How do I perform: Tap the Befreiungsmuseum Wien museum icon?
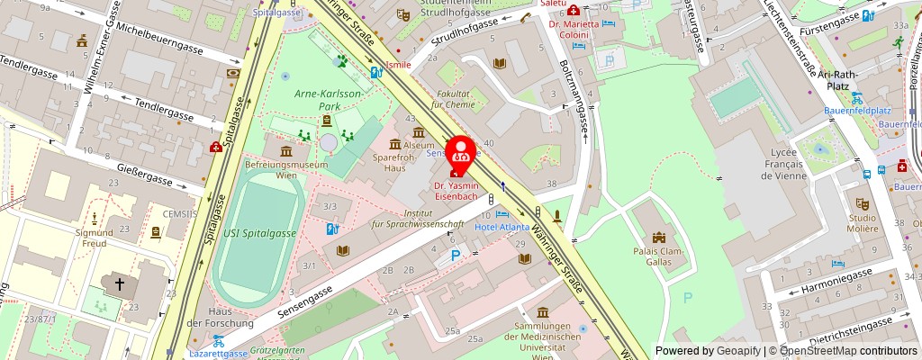tap(286, 151)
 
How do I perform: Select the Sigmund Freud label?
tap(95, 238)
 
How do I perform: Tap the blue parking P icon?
tap(456, 256)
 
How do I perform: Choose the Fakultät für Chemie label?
tap(452, 99)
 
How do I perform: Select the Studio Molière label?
tap(862, 224)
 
